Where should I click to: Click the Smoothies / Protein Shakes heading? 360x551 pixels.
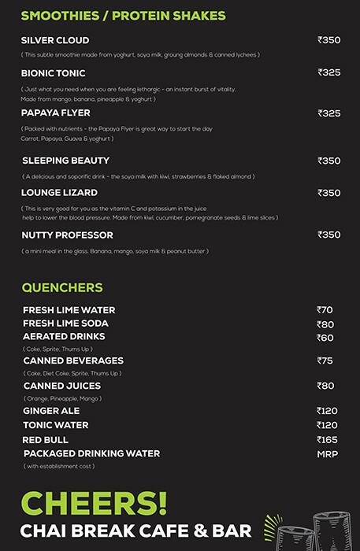123,16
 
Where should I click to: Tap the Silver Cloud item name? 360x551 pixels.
55,40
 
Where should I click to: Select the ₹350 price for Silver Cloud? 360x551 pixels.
328,40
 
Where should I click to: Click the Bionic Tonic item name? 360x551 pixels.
54,73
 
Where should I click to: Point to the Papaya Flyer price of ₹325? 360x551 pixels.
328,113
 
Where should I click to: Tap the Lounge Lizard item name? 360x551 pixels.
60,193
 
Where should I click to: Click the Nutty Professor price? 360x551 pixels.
328,235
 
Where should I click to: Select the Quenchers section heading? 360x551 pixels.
62,287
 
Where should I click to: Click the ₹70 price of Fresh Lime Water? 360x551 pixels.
325,310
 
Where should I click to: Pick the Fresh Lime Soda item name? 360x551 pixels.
65,324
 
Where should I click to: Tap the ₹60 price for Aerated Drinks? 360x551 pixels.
325,338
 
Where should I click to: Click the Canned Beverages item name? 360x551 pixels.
73,361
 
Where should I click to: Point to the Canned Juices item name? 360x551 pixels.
62,386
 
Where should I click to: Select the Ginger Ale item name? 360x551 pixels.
51,411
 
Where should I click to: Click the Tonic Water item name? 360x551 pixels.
56,425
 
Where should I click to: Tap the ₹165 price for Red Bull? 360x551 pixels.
327,439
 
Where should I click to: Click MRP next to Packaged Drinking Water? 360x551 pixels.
327,454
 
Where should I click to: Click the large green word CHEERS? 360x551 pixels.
95,503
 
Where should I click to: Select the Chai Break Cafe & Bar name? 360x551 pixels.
135,531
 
